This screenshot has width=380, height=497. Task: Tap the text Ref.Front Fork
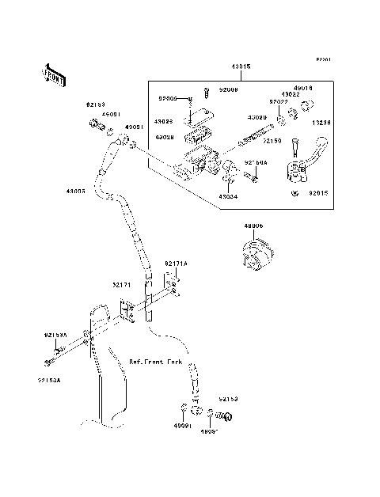(x=154, y=361)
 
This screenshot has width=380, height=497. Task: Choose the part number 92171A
(x=177, y=263)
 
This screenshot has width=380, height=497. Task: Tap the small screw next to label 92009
(x=204, y=92)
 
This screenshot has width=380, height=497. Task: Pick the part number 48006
(x=253, y=226)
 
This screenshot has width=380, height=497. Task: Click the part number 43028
(x=165, y=137)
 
